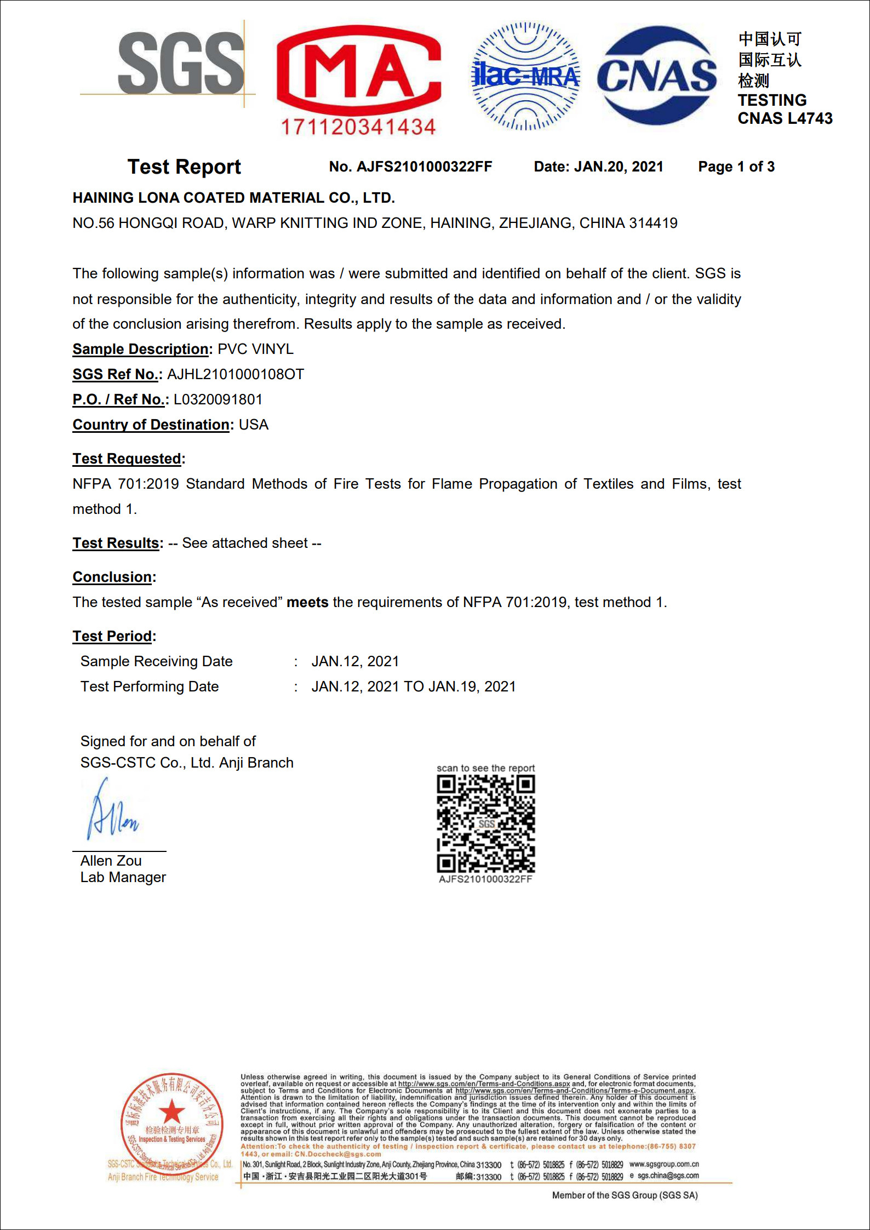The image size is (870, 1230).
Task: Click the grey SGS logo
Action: point(181,63)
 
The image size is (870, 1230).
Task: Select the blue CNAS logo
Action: point(656,76)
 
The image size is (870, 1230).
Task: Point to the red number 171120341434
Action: point(358,127)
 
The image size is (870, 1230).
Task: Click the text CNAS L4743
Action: point(785,118)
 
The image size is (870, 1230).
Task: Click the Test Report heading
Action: point(184,167)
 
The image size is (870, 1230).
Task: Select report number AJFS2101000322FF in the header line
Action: point(424,167)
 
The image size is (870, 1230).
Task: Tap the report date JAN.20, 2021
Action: point(619,167)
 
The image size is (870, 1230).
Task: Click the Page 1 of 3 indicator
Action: point(736,167)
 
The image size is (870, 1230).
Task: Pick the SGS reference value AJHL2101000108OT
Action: point(236,374)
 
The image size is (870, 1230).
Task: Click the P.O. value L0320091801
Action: point(218,399)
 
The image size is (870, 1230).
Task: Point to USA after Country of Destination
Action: point(254,425)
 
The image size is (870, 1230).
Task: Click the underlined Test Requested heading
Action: point(127,459)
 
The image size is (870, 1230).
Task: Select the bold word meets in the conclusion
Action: point(307,602)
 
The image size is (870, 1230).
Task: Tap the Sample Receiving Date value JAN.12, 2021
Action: point(355,661)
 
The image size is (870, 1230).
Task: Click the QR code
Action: point(485,823)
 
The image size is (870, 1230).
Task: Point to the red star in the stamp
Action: point(172,1112)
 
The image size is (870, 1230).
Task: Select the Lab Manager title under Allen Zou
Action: point(123,877)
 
